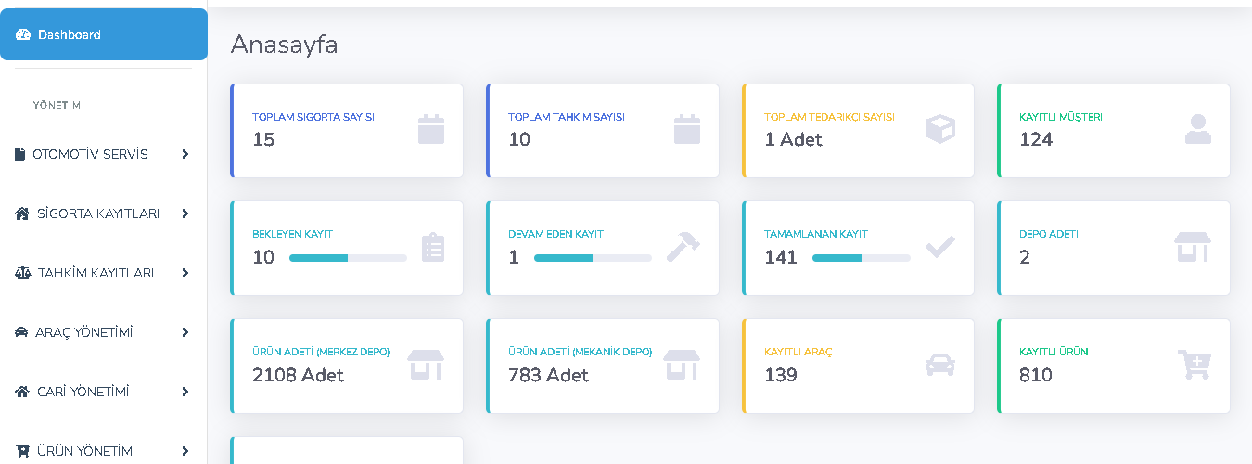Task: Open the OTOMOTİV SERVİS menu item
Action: pyautogui.click(x=90, y=154)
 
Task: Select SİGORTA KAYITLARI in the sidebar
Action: pyautogui.click(x=98, y=213)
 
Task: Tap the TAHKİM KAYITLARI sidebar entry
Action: pyautogui.click(x=96, y=273)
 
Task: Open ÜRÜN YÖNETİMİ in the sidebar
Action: pyautogui.click(x=86, y=451)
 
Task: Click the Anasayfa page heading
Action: pyautogui.click(x=284, y=44)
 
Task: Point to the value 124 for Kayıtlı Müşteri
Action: pyautogui.click(x=1036, y=139)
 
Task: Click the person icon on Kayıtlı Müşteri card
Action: pyautogui.click(x=1197, y=129)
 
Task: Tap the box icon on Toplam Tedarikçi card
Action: pyautogui.click(x=939, y=129)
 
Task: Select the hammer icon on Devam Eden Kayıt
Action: pyautogui.click(x=683, y=246)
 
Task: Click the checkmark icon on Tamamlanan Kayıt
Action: pyautogui.click(x=939, y=246)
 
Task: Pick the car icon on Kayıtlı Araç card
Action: pyautogui.click(x=939, y=365)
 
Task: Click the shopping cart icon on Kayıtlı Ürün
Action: pyautogui.click(x=1195, y=365)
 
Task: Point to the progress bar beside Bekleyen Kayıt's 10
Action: pyautogui.click(x=348, y=257)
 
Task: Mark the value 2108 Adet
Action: pyautogui.click(x=298, y=375)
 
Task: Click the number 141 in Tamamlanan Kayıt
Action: pyautogui.click(x=781, y=257)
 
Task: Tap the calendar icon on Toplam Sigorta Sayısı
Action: pyautogui.click(x=431, y=129)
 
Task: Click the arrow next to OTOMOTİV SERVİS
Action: pyautogui.click(x=185, y=154)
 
